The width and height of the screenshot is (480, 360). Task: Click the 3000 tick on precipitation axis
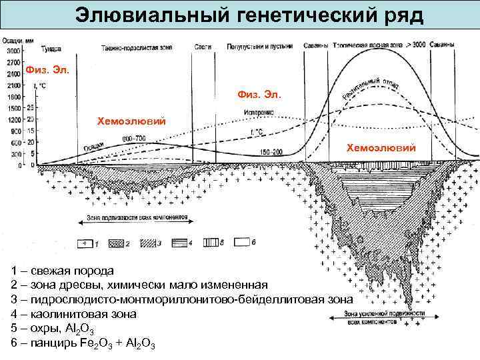(x=13, y=51)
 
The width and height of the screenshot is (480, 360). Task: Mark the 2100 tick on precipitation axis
(x=13, y=86)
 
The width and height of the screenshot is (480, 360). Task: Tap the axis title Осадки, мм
(x=13, y=40)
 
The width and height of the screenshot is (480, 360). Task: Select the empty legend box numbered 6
(x=242, y=243)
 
